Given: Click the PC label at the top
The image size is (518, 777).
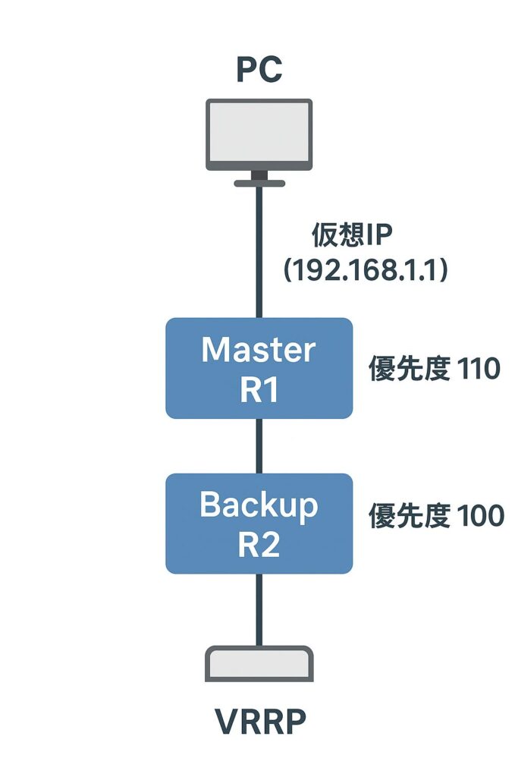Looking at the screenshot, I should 259,70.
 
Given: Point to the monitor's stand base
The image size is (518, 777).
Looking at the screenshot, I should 259,183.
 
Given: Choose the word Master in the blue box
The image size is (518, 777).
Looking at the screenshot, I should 259,350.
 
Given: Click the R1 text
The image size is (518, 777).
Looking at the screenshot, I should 259,390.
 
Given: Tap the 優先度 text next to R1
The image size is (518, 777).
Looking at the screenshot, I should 403,370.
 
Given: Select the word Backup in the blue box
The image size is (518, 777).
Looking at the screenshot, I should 259,505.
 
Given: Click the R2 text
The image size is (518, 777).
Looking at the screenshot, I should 259,545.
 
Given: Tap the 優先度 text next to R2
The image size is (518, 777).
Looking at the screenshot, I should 403,516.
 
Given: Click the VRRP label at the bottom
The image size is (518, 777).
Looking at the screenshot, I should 259,723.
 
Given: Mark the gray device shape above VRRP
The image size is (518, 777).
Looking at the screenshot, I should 259,664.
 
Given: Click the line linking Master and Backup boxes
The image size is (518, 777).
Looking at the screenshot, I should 259,446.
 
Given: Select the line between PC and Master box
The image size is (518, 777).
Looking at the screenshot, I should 259,250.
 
